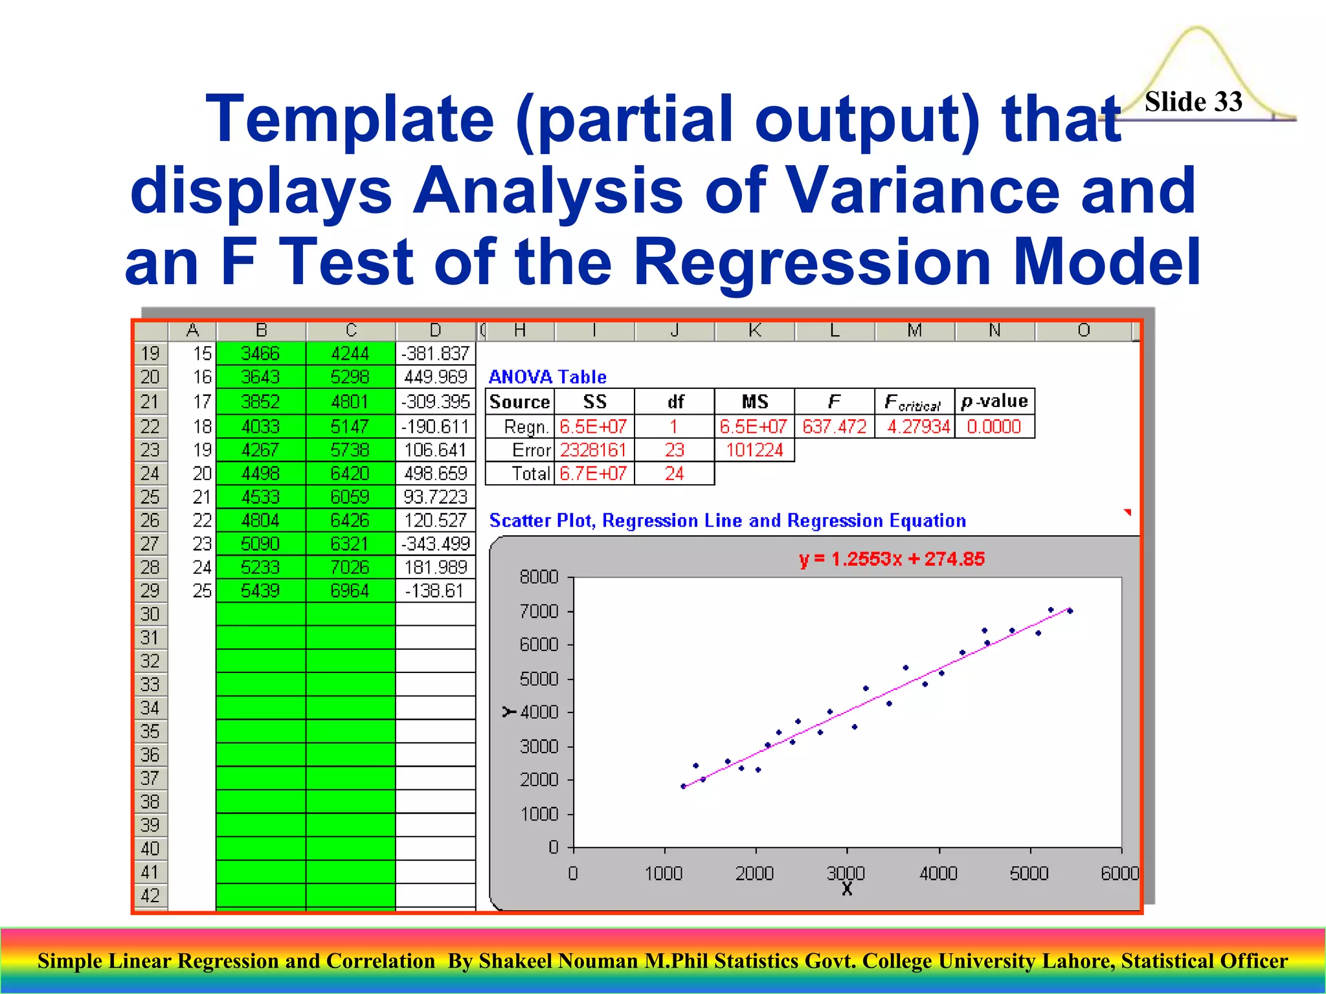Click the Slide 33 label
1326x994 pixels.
click(x=1193, y=102)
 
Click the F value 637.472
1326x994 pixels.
click(x=834, y=426)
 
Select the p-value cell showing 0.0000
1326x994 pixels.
click(x=993, y=426)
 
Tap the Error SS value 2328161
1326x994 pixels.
click(x=593, y=450)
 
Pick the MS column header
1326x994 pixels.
click(x=754, y=402)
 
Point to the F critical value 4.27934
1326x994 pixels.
click(x=918, y=426)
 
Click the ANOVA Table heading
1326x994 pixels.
click(x=547, y=377)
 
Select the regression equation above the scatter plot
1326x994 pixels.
click(x=891, y=558)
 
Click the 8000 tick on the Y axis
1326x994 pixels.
click(x=539, y=577)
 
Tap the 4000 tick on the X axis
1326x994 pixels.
click(x=938, y=874)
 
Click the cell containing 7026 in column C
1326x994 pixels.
click(x=350, y=568)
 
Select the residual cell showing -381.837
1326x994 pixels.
click(x=435, y=353)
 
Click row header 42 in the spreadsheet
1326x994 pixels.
click(x=150, y=896)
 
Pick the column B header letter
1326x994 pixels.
click(x=261, y=331)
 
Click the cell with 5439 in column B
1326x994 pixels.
click(x=260, y=591)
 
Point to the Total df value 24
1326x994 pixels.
click(x=674, y=474)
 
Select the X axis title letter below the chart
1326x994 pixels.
click(x=847, y=889)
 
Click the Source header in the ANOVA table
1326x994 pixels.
click(x=519, y=402)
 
